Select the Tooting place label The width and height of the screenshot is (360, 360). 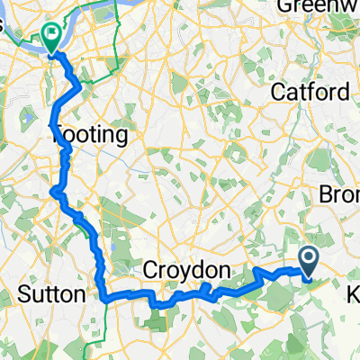pos(88,135)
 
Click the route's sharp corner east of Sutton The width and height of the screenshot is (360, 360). pos(103,296)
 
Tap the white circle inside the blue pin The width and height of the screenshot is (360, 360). pos(308,259)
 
